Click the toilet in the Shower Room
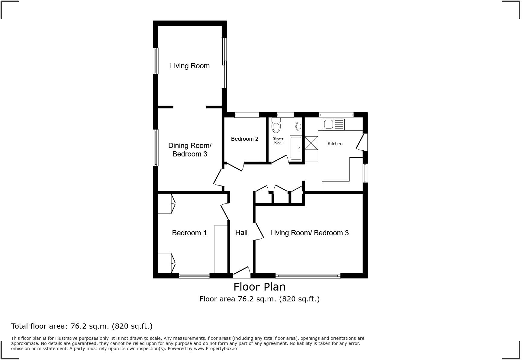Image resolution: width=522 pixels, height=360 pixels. click(276, 126)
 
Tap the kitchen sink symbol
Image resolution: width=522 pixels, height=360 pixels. click(333, 124)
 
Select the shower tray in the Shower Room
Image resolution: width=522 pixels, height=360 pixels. click(296, 148)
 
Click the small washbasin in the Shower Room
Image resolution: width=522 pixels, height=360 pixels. click(299, 126)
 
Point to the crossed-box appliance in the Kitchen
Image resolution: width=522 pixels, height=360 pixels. click(311, 143)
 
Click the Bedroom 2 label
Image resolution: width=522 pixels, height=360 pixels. click(244, 139)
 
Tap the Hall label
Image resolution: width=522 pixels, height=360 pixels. click(241, 233)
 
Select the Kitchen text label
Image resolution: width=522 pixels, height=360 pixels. click(335, 144)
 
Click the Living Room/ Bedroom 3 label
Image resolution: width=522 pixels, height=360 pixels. click(309, 233)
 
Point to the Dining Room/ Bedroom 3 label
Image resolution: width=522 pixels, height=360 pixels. click(190, 150)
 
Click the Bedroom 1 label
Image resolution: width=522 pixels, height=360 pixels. click(189, 233)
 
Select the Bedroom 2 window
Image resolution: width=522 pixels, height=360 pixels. click(247, 115)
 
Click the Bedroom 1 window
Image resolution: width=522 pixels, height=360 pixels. click(194, 275)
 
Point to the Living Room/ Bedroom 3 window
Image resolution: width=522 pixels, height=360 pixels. click(308, 275)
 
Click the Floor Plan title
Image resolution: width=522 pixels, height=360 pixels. click(259, 287)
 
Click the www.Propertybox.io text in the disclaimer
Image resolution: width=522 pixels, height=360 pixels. click(215, 349)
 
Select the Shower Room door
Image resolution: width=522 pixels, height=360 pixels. click(280, 159)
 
